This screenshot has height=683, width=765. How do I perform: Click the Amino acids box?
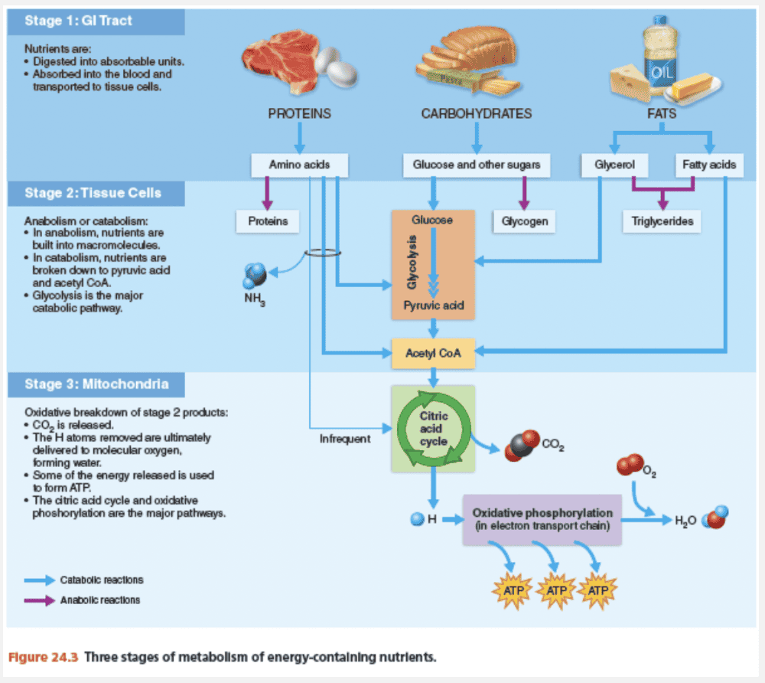click(300, 165)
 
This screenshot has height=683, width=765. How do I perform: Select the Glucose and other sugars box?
click(476, 165)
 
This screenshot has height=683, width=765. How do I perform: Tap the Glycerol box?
click(614, 165)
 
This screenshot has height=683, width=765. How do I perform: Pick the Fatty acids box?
click(708, 165)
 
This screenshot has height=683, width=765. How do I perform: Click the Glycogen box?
click(524, 221)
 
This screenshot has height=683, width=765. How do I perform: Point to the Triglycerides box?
click(662, 221)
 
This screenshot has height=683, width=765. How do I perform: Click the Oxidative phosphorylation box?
click(542, 519)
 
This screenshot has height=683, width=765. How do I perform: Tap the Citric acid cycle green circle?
click(433, 429)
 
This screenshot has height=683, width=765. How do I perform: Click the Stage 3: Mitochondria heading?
click(96, 384)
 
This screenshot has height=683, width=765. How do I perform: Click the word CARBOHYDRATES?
click(476, 114)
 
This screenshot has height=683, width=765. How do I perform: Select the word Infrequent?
click(345, 439)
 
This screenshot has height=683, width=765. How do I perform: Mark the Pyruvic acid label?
click(433, 305)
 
